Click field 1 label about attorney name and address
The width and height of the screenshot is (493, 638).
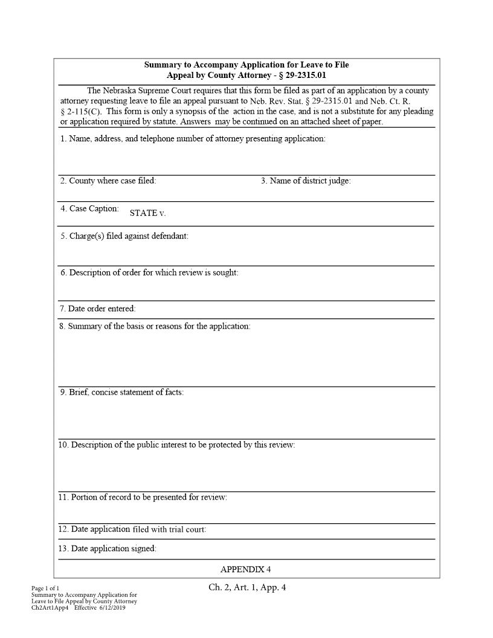click(193, 139)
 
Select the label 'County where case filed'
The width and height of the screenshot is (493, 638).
click(108, 181)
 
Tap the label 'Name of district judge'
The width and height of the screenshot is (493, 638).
click(306, 181)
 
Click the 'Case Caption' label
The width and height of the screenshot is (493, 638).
click(89, 208)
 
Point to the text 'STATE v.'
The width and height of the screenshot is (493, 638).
click(147, 213)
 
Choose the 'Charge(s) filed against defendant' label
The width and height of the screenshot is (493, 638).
click(124, 236)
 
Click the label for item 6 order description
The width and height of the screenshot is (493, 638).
click(149, 272)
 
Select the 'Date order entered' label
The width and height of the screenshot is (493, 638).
click(97, 309)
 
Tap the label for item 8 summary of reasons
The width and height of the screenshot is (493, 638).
click(155, 326)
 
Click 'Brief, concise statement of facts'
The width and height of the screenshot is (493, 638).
click(121, 392)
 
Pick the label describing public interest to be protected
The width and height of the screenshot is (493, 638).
click(176, 445)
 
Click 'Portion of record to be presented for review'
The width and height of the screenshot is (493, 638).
click(143, 497)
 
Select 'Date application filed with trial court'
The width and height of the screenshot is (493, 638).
click(132, 529)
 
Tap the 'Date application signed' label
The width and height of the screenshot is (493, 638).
click(108, 549)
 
